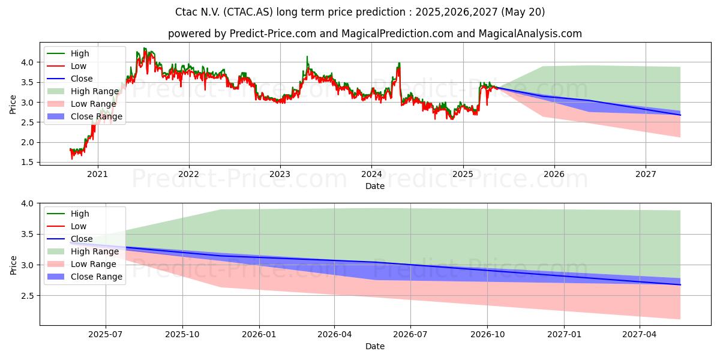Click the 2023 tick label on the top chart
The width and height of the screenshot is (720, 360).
(x=280, y=174)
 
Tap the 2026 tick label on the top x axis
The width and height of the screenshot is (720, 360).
(x=554, y=174)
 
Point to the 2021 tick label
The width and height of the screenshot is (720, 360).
(x=97, y=174)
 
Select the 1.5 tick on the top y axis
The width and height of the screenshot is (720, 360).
(x=28, y=163)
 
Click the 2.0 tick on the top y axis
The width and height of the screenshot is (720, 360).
(x=28, y=142)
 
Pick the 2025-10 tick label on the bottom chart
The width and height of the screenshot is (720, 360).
(x=182, y=335)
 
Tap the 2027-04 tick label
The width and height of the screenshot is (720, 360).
(x=640, y=335)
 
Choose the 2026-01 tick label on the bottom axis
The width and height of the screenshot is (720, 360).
(x=259, y=335)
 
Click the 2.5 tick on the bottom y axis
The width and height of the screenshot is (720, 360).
(x=28, y=296)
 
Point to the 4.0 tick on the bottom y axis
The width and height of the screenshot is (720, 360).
(x=28, y=203)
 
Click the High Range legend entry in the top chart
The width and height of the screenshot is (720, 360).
(x=83, y=91)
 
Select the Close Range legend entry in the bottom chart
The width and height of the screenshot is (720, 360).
(x=85, y=277)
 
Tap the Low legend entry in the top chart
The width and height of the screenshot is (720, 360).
(x=67, y=66)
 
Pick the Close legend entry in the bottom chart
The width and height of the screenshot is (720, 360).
(x=70, y=239)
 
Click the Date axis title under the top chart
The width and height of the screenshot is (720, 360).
(x=375, y=186)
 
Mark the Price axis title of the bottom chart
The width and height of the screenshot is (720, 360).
(x=13, y=265)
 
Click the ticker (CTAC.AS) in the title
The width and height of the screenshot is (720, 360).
(x=248, y=12)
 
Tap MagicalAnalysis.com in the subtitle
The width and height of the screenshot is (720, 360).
(x=530, y=34)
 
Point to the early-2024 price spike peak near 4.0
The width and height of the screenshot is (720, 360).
(x=399, y=63)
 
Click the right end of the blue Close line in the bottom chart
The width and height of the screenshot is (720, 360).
(x=680, y=285)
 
